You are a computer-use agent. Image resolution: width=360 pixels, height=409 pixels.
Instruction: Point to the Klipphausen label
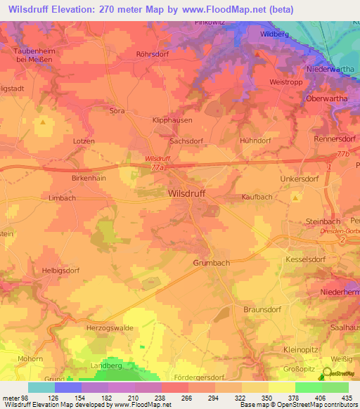(x=172, y=121)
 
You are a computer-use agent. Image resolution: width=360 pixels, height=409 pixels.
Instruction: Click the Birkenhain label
(x=89, y=178)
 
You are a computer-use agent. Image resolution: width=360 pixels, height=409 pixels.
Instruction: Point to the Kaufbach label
(x=257, y=197)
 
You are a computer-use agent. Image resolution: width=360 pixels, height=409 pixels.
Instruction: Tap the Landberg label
(x=107, y=366)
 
